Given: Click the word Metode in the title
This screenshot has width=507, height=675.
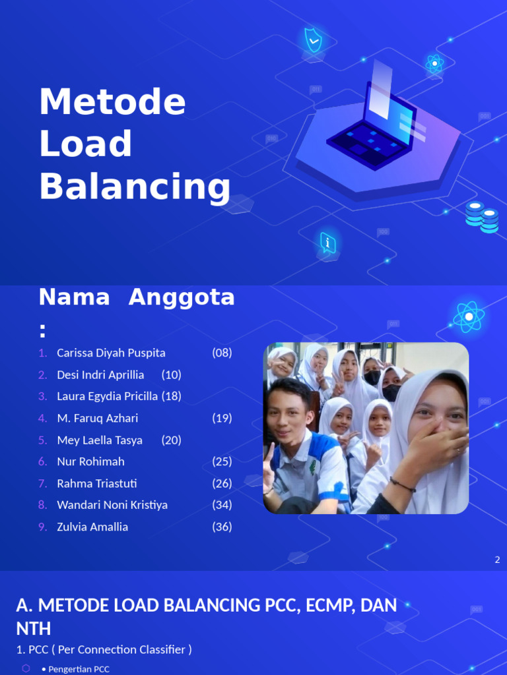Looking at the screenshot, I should tap(112, 102).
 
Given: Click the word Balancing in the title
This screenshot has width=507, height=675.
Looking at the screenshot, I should tap(135, 187).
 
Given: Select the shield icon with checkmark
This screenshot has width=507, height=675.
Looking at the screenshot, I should tap(313, 40).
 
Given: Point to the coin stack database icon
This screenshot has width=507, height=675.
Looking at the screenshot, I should tap(482, 217).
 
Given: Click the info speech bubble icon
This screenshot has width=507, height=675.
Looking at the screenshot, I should tap(327, 243).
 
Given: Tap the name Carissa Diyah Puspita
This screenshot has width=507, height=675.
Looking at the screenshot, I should tap(111, 353).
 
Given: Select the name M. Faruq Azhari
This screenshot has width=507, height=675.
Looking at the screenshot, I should tap(97, 418).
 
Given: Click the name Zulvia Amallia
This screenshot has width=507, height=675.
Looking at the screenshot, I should tap(92, 527).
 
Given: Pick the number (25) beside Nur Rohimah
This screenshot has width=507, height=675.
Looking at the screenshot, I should tap(222, 461).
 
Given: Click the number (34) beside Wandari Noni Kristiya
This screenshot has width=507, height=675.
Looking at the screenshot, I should tap(222, 505).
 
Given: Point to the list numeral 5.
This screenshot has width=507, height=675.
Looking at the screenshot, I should tap(43, 440).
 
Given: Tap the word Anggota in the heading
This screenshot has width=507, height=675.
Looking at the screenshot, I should tap(182, 297).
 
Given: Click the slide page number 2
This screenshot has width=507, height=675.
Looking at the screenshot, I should tap(497, 560).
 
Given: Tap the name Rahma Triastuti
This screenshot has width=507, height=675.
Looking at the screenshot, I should tap(97, 483).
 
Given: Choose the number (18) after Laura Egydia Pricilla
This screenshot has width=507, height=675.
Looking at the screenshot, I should tap(171, 396).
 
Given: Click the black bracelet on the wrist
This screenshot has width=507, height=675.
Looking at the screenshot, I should tap(402, 485).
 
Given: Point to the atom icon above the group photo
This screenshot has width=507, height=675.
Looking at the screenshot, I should tap(469, 317).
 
